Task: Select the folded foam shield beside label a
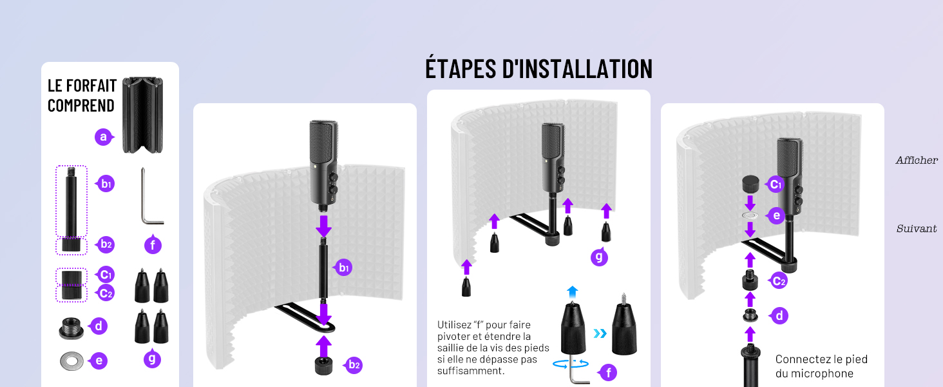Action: tap(142, 115)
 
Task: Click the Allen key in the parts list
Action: tap(152, 196)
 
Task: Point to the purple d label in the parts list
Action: tap(98, 326)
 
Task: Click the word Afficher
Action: tap(917, 160)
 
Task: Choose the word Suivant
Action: tap(917, 229)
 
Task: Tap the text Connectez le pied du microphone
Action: tap(821, 366)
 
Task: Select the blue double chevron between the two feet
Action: tap(600, 333)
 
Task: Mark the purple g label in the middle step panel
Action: tap(599, 257)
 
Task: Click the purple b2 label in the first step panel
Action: tap(353, 365)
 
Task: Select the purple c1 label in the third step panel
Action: tap(775, 184)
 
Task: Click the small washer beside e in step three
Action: tap(750, 215)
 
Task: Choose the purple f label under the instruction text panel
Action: tap(607, 372)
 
